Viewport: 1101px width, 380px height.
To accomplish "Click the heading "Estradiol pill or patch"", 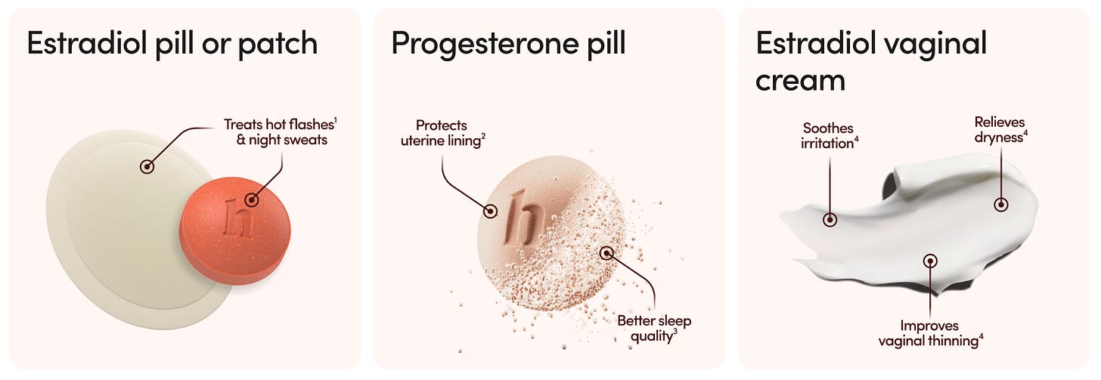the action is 172,44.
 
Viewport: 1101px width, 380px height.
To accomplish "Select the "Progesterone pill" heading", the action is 508,44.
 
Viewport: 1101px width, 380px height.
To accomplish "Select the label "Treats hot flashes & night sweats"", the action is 276,131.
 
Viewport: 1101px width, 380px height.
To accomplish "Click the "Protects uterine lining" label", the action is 442,132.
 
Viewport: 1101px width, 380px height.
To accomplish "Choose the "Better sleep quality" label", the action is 654,328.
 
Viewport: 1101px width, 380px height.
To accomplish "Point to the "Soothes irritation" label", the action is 830,136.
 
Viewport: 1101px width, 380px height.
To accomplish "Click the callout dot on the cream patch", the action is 147,166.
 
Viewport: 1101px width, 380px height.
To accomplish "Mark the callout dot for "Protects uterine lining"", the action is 492,212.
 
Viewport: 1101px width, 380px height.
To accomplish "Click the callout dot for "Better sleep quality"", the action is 606,252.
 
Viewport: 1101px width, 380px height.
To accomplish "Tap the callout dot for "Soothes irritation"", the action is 830,220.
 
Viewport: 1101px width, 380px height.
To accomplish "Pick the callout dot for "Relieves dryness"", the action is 1001,204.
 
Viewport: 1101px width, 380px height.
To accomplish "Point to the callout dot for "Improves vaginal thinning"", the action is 930,261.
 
